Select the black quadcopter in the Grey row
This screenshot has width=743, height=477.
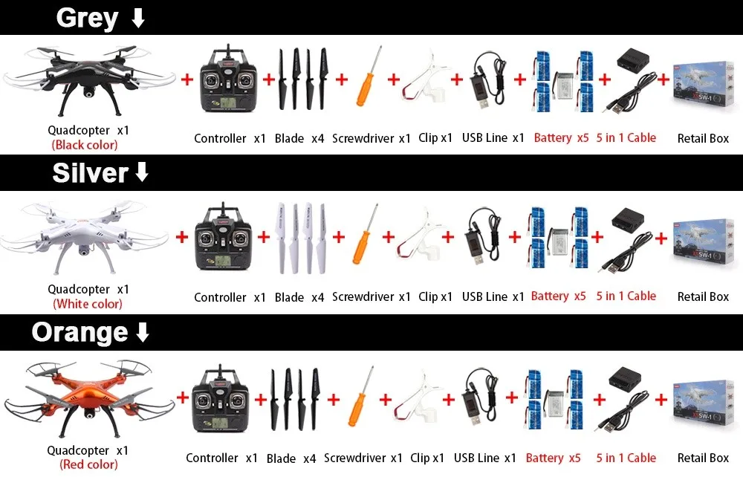(x=89, y=78)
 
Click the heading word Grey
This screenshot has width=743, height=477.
(x=87, y=18)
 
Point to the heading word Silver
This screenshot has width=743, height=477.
(x=90, y=173)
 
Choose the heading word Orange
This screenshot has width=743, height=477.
(x=80, y=332)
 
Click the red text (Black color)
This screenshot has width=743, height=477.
(x=85, y=146)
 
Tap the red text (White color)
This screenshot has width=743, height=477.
(x=88, y=304)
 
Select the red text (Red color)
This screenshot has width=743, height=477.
(x=88, y=465)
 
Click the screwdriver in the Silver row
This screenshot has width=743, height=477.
(x=361, y=236)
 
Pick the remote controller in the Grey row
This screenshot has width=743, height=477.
(x=228, y=79)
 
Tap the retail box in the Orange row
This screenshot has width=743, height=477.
(x=703, y=400)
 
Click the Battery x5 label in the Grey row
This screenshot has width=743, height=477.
(x=561, y=137)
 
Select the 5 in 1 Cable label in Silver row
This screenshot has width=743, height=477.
(x=626, y=296)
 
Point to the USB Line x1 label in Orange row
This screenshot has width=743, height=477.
(x=484, y=458)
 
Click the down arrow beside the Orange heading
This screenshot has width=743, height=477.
(x=143, y=332)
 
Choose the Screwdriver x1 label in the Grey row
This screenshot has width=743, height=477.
(x=371, y=138)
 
